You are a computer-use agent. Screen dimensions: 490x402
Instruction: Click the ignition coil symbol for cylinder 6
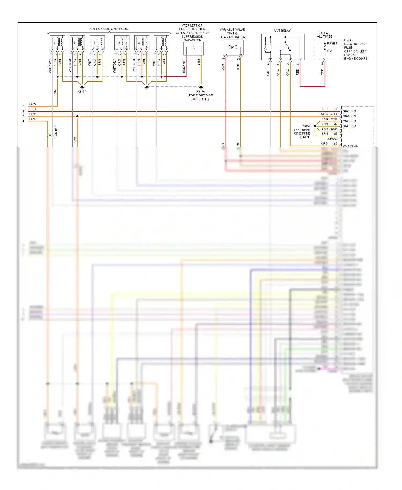[x=58, y=43]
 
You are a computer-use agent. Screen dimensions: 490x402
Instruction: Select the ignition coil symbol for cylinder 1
[x=162, y=43]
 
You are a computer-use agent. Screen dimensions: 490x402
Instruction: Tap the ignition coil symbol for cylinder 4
[x=97, y=43]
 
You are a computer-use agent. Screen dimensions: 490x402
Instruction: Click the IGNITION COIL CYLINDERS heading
[x=109, y=29]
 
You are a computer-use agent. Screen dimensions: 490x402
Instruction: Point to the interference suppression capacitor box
[x=193, y=49]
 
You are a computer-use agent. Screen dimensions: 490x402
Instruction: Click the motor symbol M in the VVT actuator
[x=233, y=47]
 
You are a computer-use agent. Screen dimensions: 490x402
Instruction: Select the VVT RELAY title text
[x=282, y=31]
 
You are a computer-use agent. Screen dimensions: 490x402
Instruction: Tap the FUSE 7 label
[x=332, y=44]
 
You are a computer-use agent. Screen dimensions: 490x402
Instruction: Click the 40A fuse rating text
[x=329, y=51]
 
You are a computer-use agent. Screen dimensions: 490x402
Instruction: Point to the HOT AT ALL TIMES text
[x=324, y=35]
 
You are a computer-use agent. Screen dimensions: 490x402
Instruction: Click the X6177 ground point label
[x=82, y=92]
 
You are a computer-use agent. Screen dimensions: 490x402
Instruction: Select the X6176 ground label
[x=200, y=92]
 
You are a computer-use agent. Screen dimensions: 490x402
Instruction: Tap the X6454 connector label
[x=306, y=126]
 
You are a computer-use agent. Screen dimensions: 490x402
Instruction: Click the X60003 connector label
[x=332, y=139]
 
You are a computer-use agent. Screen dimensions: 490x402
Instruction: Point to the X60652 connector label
[x=56, y=131]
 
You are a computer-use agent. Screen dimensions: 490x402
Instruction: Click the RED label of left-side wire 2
[x=32, y=109]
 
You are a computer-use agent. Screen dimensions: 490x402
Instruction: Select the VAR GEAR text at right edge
[x=350, y=146]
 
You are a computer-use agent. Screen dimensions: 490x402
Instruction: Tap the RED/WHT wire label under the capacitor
[x=184, y=66]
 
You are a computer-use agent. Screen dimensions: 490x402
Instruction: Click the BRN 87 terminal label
[x=329, y=134]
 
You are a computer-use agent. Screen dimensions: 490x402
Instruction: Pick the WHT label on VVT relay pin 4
[x=268, y=72]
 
